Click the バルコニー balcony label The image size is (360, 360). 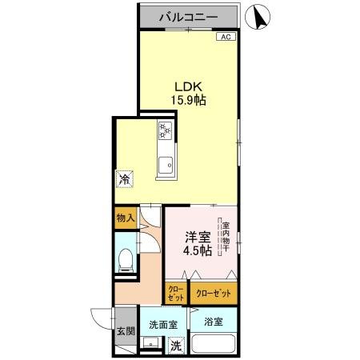click(189, 16)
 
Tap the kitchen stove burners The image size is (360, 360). click(165, 130)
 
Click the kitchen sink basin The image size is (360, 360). click(166, 166)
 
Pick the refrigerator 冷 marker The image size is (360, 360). click(124, 179)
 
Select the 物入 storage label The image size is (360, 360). click(124, 218)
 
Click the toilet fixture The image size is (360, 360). click(125, 259)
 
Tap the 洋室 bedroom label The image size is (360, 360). click(199, 237)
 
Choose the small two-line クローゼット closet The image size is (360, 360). click(175, 293)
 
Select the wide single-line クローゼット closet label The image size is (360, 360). click(214, 293)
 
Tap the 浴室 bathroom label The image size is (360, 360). click(213, 322)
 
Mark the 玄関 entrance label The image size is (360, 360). click(125, 331)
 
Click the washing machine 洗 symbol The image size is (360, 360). click(177, 346)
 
